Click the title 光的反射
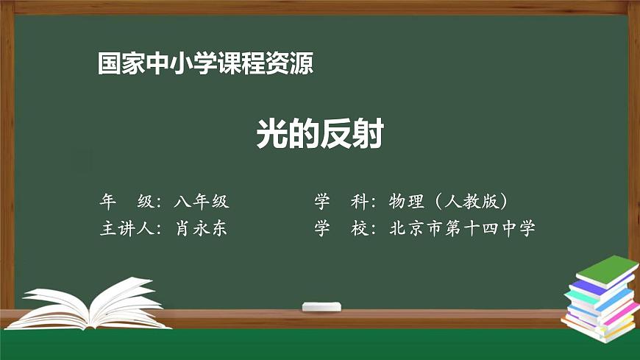point(320,135)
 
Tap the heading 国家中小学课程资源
point(206,63)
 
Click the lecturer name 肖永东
point(201,228)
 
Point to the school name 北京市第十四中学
point(463,228)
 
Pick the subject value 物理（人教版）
point(449,201)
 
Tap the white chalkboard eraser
point(322,306)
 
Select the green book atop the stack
point(605,270)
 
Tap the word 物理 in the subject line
point(405,201)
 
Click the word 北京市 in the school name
point(416,228)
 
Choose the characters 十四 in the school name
point(481,228)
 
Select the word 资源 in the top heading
point(296,63)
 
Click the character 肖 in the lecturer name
point(183,228)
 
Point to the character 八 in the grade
point(183,201)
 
